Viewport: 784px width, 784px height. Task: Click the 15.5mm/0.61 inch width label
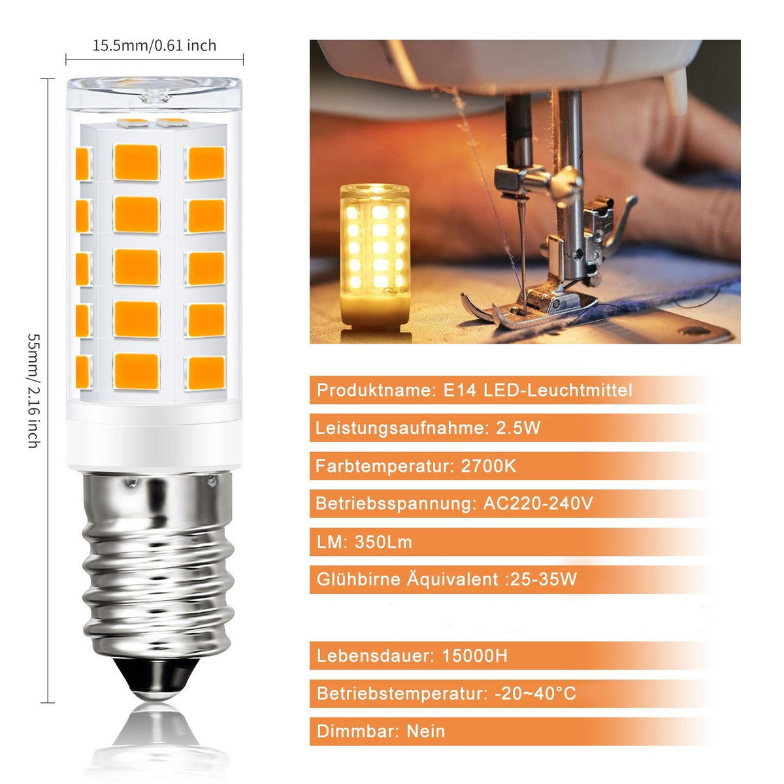(x=154, y=46)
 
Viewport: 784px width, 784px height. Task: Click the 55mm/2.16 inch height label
(x=33, y=390)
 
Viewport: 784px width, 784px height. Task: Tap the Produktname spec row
(x=474, y=391)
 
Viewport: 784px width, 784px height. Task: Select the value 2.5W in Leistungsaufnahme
(x=519, y=429)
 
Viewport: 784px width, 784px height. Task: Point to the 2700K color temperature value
(x=488, y=466)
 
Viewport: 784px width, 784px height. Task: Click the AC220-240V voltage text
(x=538, y=504)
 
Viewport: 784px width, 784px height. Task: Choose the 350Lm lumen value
(x=384, y=542)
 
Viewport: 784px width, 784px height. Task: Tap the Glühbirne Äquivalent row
(x=447, y=580)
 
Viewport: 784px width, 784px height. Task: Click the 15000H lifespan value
(x=474, y=656)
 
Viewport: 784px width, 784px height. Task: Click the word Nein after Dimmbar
(x=425, y=731)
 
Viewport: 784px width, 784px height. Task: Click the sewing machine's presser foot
(x=529, y=307)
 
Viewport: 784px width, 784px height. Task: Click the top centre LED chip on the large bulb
(x=136, y=162)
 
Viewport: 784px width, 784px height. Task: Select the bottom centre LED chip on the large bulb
(x=136, y=370)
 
